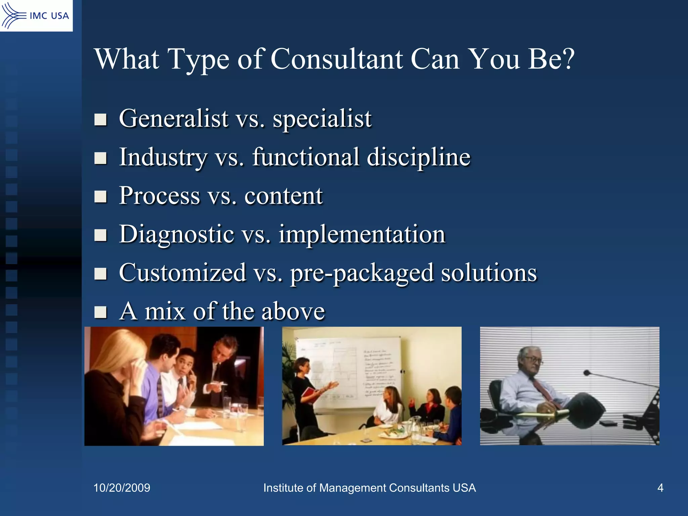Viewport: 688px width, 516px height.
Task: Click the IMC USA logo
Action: tap(36, 15)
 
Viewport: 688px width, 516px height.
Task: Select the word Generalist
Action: tap(174, 119)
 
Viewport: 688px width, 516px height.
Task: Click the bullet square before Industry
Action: tap(100, 158)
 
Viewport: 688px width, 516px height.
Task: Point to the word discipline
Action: tap(419, 157)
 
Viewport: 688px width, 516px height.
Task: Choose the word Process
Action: tap(160, 196)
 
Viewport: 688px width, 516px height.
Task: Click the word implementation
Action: tap(362, 234)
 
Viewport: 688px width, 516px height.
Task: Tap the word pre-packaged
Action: tap(362, 273)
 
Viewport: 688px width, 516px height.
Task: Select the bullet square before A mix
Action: tap(100, 312)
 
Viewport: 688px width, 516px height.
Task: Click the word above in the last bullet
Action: tap(293, 311)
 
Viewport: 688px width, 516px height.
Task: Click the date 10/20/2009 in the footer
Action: tap(122, 488)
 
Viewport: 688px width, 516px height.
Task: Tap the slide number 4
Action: tap(660, 488)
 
